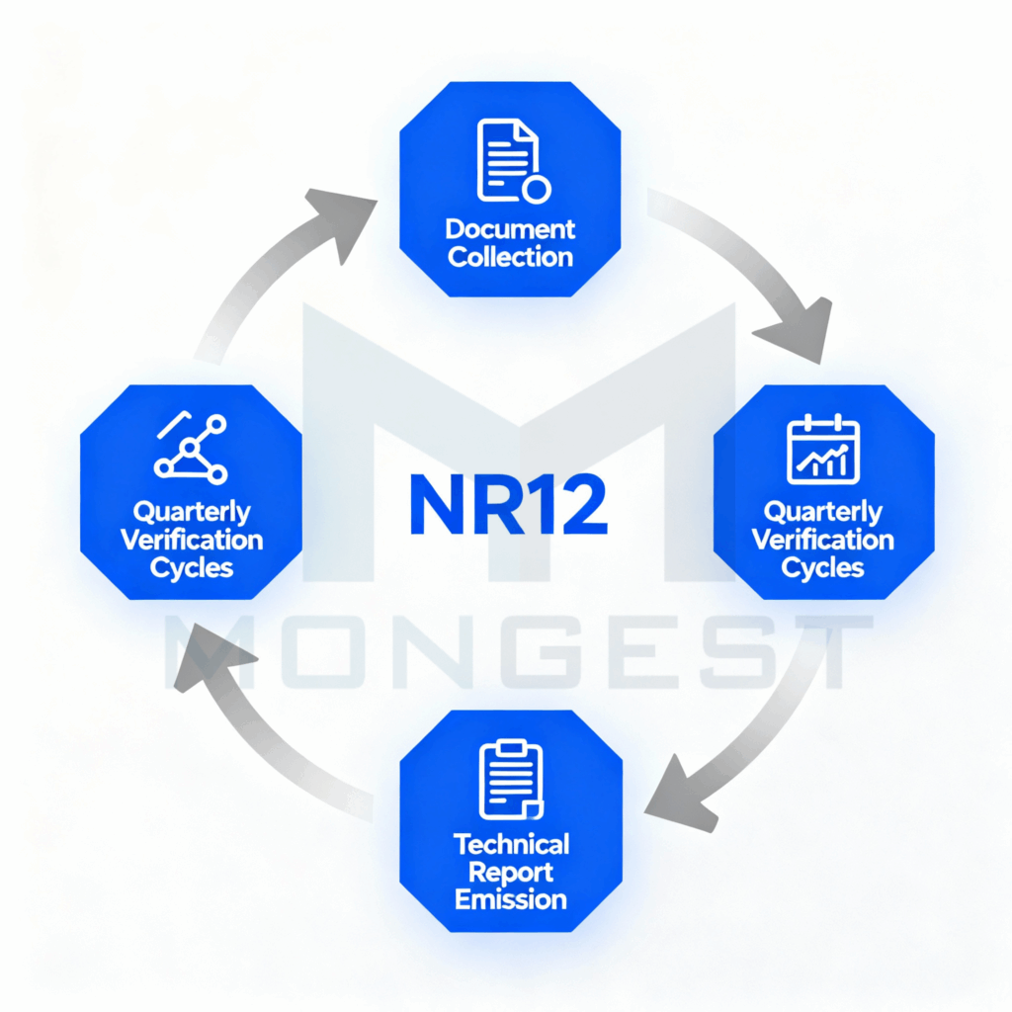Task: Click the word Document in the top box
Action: (510, 229)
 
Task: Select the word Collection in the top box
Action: (510, 257)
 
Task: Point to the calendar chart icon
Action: (823, 451)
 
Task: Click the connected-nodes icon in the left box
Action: (191, 449)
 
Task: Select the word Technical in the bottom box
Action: (511, 844)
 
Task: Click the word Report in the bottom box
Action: (511, 872)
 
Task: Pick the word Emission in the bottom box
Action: (511, 899)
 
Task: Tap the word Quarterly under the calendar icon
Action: (823, 512)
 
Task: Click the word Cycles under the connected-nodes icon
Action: (191, 567)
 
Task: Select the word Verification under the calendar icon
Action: (823, 540)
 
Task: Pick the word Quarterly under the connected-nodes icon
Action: (191, 512)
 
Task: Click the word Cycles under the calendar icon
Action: (823, 567)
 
